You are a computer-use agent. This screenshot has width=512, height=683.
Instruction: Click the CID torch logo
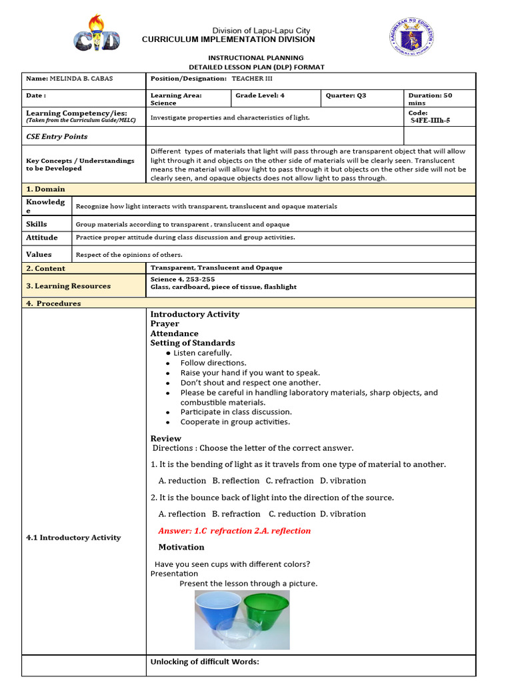tap(97, 33)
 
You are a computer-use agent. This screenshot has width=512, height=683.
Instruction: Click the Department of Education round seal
tap(412, 38)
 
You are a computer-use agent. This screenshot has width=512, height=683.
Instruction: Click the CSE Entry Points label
tap(57, 136)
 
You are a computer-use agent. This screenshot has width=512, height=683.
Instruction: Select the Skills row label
tap(37, 224)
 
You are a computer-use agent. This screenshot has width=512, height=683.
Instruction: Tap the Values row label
tap(39, 254)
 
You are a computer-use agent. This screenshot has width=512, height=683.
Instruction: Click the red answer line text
tap(235, 531)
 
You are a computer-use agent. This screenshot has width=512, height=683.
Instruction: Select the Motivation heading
tap(181, 547)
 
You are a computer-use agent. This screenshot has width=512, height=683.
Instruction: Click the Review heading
tap(165, 438)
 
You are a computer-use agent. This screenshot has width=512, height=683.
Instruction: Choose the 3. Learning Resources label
tap(68, 285)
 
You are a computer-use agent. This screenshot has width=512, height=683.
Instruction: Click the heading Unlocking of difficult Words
tap(204, 662)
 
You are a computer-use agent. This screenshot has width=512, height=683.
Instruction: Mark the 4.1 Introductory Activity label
tap(73, 537)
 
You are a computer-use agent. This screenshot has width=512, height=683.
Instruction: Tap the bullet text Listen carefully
tap(203, 353)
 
